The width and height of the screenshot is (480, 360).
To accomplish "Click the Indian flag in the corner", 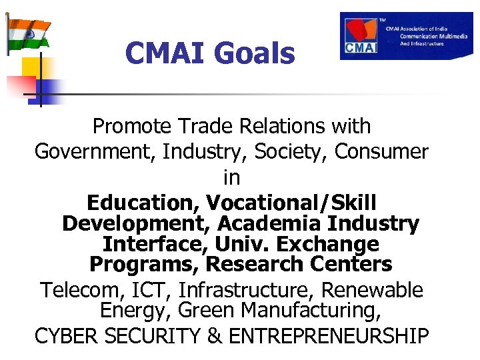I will pyautogui.click(x=28, y=33).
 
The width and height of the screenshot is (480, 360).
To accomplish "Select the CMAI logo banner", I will pyautogui.click(x=406, y=36).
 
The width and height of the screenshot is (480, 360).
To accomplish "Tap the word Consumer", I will pyautogui.click(x=381, y=152).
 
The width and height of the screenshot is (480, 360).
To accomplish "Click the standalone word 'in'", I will pyautogui.click(x=231, y=178).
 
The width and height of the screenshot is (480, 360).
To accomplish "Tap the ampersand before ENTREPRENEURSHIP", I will pyautogui.click(x=215, y=337).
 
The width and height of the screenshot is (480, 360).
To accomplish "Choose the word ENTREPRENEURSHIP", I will pyautogui.click(x=329, y=337).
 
